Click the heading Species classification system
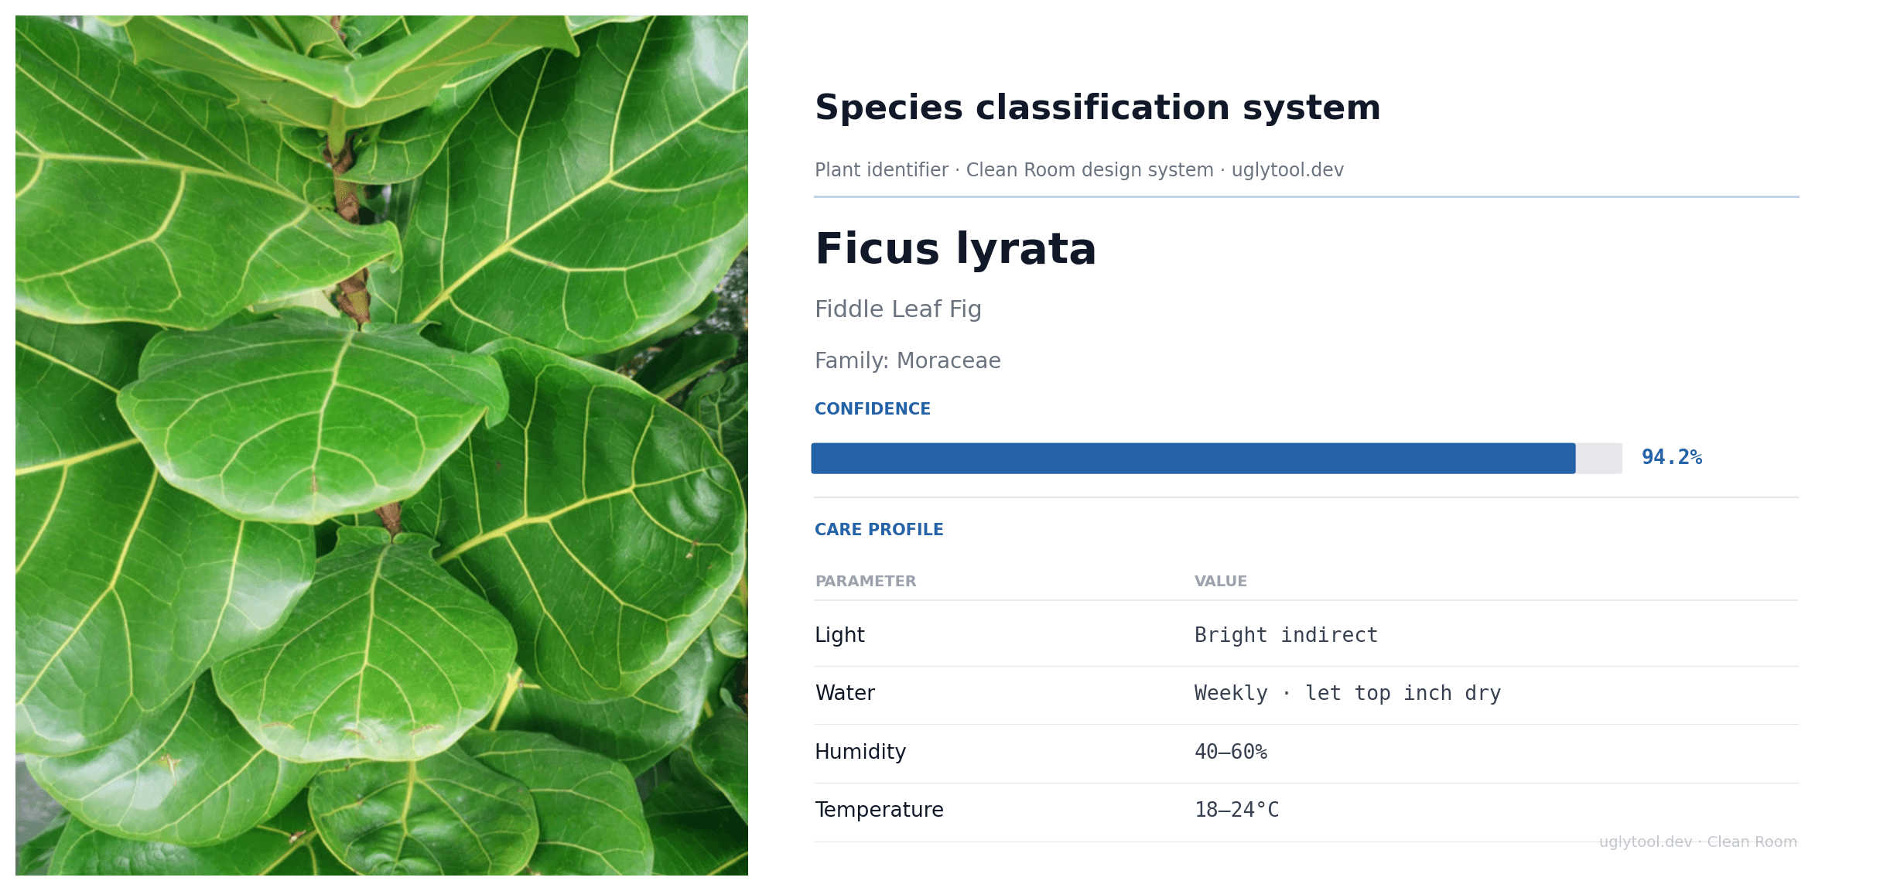click(1097, 108)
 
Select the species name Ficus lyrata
click(955, 249)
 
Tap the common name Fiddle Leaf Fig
click(897, 309)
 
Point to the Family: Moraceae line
click(908, 361)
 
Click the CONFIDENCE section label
click(872, 409)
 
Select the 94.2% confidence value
click(1671, 458)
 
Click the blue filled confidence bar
click(1192, 459)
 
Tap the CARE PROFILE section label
click(878, 530)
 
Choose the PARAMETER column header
click(865, 582)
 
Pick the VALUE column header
click(1220, 582)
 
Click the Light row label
click(839, 635)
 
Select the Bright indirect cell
click(1286, 636)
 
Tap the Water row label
click(845, 693)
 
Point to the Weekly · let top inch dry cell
click(1347, 694)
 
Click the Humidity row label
click(860, 752)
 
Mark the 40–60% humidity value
click(1230, 752)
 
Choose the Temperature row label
click(879, 810)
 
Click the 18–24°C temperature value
click(1236, 810)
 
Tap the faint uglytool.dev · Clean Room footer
click(1697, 841)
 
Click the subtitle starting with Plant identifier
click(1078, 170)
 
